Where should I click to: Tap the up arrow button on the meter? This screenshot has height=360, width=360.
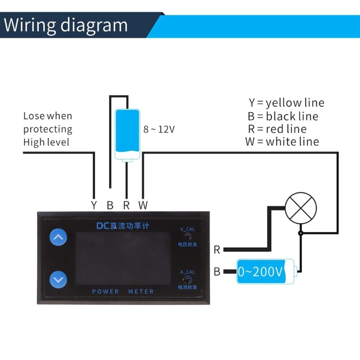[58, 237]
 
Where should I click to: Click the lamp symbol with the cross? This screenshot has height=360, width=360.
[301, 208]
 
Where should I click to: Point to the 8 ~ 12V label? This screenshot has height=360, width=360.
[159, 129]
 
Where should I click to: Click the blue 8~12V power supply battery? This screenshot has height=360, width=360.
[127, 134]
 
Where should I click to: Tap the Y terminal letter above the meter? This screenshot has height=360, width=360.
[94, 206]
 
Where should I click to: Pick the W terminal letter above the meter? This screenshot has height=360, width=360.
[143, 206]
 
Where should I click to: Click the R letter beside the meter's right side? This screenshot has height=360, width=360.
[217, 250]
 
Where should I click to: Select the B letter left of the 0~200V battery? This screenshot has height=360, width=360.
[217, 272]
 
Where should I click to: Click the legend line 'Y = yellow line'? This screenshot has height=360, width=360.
[286, 103]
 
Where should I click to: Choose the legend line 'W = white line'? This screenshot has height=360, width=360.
[282, 142]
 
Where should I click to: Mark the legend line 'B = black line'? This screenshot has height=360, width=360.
[283, 116]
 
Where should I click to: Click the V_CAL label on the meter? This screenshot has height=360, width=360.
[187, 229]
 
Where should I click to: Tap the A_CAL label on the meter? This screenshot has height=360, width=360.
[187, 272]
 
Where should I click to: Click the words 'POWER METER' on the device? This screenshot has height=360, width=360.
[123, 292]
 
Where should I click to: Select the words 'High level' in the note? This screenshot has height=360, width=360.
[46, 142]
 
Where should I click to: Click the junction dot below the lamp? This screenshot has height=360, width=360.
[301, 233]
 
